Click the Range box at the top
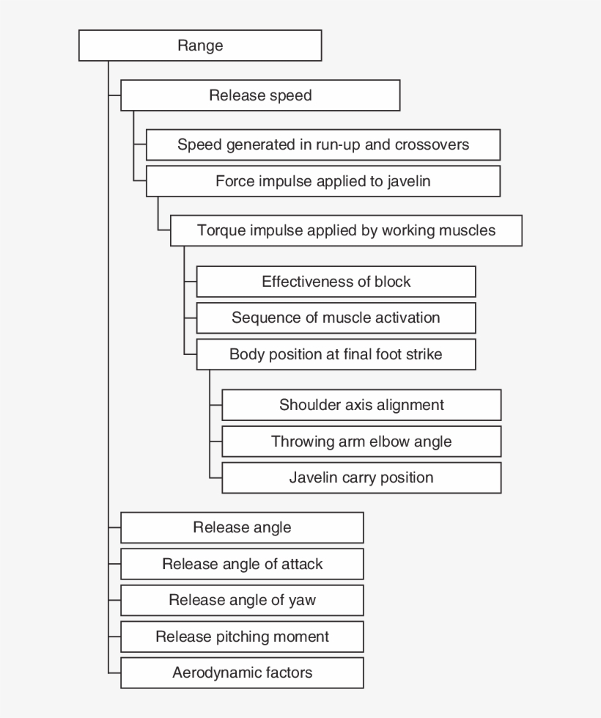pos(199,45)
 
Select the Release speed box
pos(260,95)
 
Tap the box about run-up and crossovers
pos(323,144)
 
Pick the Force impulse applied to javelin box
pos(323,181)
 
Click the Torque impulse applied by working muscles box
pos(346,230)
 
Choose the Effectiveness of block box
pos(336,282)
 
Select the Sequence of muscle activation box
pos(336,318)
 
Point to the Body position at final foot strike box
pos(336,354)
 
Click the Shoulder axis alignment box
pos(361,405)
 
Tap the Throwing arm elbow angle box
pos(361,442)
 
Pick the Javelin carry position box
pos(361,477)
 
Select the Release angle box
pos(242,527)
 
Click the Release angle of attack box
pos(242,564)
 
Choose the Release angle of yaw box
pos(242,600)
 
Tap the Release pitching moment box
pos(242,637)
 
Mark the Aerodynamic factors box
pos(242,673)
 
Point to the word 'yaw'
pos(302,601)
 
